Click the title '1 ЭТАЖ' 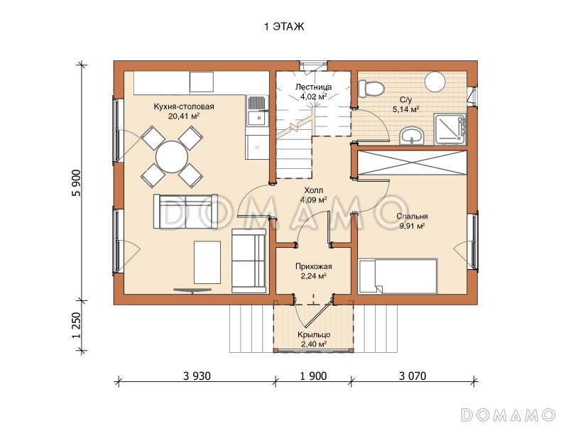(284, 27)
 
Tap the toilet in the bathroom (371, 88)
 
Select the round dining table (172, 156)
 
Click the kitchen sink (258, 118)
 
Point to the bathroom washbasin (412, 136)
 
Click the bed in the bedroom (398, 275)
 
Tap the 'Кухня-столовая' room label (184, 106)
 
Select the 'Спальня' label (412, 217)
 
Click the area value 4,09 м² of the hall (314, 200)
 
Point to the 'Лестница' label (313, 87)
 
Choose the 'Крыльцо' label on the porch (314, 334)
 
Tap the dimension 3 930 (197, 376)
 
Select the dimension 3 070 (413, 376)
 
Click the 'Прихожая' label (313, 267)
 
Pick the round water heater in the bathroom (435, 82)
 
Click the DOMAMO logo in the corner (508, 415)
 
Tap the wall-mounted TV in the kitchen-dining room (192, 290)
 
